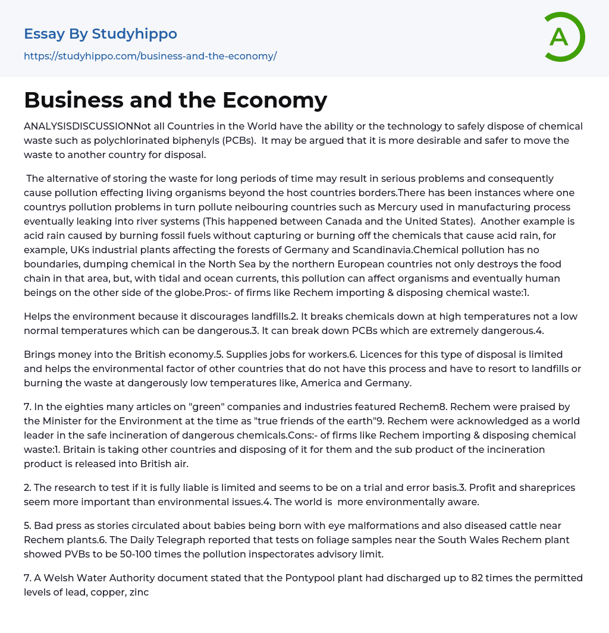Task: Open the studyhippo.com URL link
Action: pos(150,56)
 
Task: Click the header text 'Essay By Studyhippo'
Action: pos(101,34)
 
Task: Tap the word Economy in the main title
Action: pos(275,100)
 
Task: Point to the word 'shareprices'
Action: pos(544,487)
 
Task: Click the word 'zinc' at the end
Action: pos(139,592)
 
